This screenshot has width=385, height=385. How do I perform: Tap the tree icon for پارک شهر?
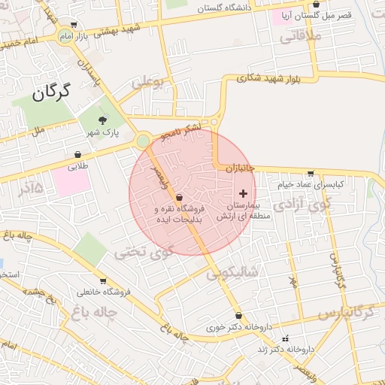coord(103,120)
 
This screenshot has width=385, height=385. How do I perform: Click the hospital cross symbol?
coord(242,193)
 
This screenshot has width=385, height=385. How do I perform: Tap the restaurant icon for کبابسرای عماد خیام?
coord(311,174)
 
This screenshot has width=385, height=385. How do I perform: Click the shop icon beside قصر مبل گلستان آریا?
coord(316,4)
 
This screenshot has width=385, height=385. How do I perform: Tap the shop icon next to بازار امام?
coord(72,25)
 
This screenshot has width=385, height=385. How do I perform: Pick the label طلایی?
coord(78,166)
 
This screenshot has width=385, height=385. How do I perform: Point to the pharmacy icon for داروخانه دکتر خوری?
coord(239,316)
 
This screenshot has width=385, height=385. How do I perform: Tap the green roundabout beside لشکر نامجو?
coord(143,140)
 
